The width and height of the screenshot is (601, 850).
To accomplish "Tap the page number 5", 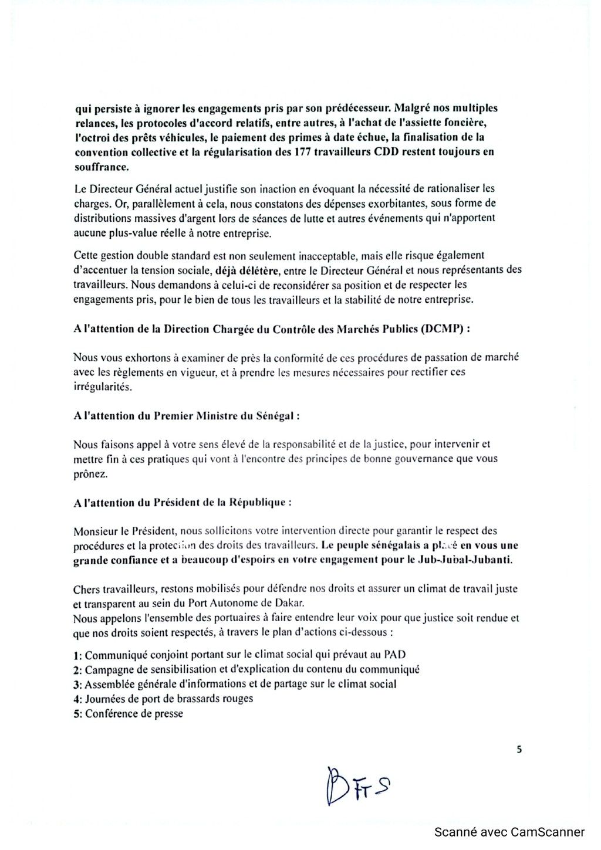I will click(519, 749).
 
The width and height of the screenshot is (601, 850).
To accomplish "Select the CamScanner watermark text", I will click(509, 832).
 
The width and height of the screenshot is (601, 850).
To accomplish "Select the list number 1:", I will click(77, 655).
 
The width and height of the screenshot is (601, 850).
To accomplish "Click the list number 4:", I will click(77, 699).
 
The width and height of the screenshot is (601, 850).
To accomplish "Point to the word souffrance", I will click(101, 167).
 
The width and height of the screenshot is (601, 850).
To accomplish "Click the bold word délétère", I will click(242, 270).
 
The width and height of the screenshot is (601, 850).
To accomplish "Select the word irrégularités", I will click(103, 387).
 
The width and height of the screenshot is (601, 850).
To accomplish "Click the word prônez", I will click(91, 473).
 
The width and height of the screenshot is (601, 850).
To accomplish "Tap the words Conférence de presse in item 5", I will click(134, 714).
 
